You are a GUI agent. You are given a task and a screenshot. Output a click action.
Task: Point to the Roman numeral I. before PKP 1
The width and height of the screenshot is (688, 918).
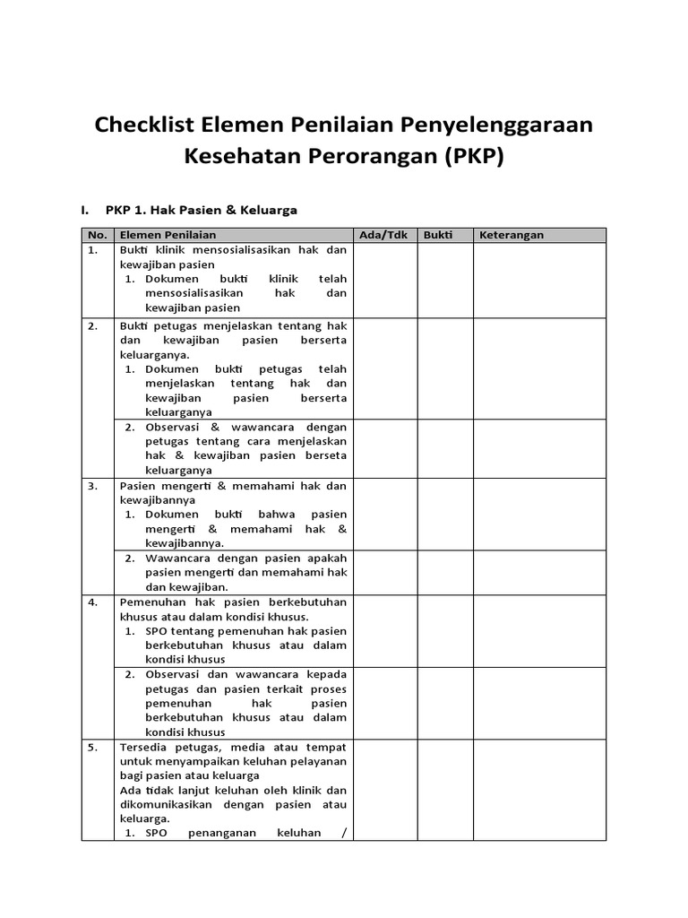coord(85,210)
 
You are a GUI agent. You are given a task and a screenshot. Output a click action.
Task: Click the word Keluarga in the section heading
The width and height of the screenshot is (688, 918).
coord(269,210)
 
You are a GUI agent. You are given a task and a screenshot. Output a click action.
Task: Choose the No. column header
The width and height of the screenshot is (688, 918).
coord(97,235)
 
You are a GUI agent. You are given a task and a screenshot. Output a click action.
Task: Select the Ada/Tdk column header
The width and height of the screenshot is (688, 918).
coord(383,235)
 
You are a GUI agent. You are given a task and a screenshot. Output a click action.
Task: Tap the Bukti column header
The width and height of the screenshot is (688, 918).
coord(438,235)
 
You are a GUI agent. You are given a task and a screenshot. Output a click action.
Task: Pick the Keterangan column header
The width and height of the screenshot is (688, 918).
coord(512,235)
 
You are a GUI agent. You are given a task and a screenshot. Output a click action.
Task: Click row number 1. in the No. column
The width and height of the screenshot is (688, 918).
coord(92,251)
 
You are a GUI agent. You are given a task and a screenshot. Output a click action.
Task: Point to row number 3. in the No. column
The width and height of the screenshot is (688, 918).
coord(92,486)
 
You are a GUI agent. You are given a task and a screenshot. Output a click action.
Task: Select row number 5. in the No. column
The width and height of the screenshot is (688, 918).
coord(92,747)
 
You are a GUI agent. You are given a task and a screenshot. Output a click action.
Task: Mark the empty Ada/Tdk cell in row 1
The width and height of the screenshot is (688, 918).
coord(385,280)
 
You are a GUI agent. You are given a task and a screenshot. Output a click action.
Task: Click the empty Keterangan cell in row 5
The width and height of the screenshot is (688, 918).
coord(539,789)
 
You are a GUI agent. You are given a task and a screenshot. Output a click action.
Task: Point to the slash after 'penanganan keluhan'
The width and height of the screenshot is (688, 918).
coord(344,833)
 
